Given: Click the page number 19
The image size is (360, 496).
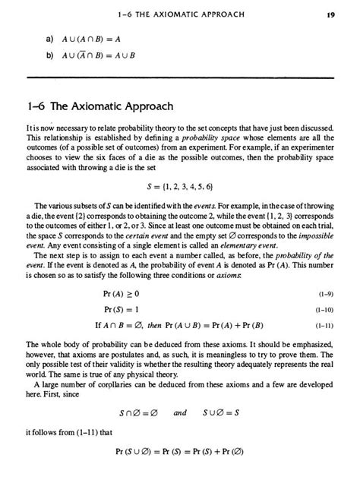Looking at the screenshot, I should pyautogui.click(x=332, y=14).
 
